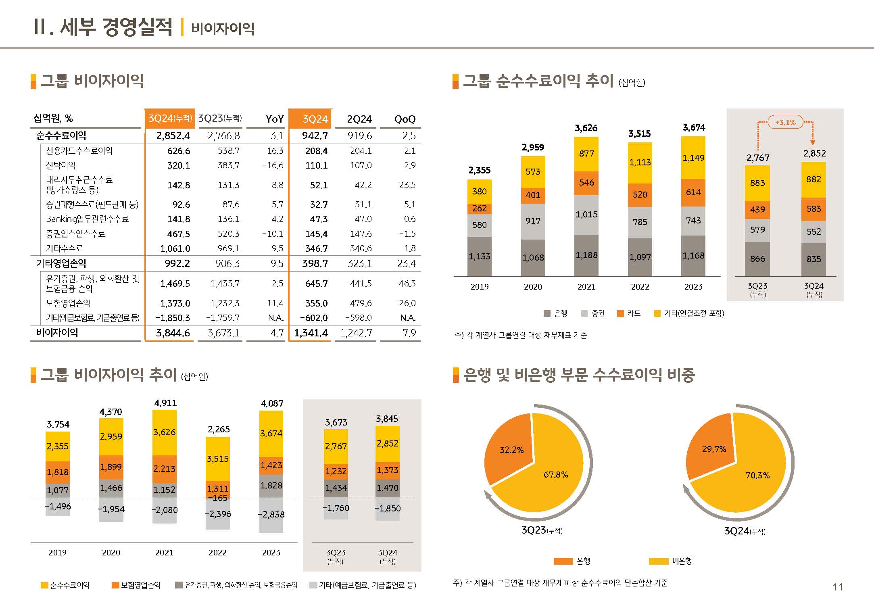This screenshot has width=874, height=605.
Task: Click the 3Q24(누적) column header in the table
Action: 170,119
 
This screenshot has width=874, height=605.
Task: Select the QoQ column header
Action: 405,119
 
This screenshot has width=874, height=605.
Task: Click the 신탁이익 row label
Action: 60,165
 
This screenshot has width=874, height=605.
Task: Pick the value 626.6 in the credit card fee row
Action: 178,151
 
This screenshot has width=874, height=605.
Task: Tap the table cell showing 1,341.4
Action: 311,333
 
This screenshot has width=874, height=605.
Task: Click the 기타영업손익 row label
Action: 61,264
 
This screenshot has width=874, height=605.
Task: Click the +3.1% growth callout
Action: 785,122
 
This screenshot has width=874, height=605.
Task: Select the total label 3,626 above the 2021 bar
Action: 586,128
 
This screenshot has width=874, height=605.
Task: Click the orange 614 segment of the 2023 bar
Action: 693,192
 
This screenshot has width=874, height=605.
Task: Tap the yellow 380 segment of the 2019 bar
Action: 479,192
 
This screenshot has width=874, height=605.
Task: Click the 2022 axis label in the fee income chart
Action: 640,287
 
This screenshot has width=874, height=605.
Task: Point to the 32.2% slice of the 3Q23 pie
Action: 511,450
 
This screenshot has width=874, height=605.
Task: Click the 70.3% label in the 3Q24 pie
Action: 757,476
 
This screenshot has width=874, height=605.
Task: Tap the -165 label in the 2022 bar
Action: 218,498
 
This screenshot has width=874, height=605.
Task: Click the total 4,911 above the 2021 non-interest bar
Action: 165,403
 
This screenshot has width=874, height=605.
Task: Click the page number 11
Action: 838,587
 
